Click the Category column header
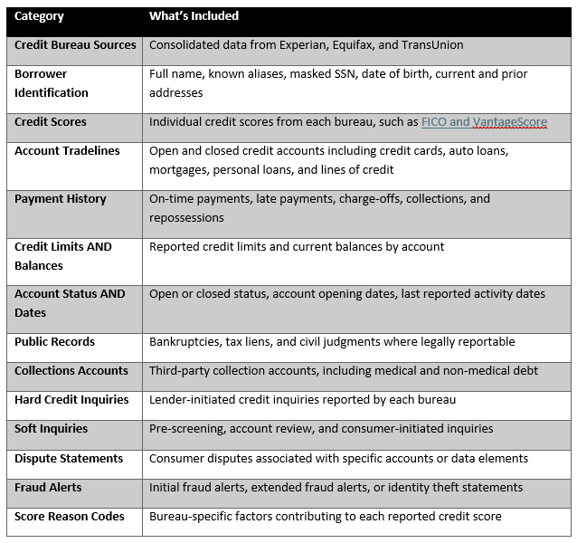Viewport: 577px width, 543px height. point(39,16)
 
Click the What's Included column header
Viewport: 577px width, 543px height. point(194,16)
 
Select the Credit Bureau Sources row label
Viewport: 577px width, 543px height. point(75,44)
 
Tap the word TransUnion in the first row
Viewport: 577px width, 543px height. point(432,44)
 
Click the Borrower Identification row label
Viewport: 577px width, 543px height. point(52,83)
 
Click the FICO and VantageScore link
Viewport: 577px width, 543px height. point(484,121)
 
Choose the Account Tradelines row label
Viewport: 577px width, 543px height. point(67,151)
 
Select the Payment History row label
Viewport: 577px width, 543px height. point(61,199)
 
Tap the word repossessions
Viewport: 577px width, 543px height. point(187,218)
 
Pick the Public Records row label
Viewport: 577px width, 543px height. point(54,342)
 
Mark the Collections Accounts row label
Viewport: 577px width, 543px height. point(71,371)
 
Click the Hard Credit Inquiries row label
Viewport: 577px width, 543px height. point(71,400)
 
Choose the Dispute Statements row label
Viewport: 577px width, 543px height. point(69,459)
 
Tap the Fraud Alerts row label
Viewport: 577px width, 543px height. point(48,488)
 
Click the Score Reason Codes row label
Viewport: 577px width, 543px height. point(70,517)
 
